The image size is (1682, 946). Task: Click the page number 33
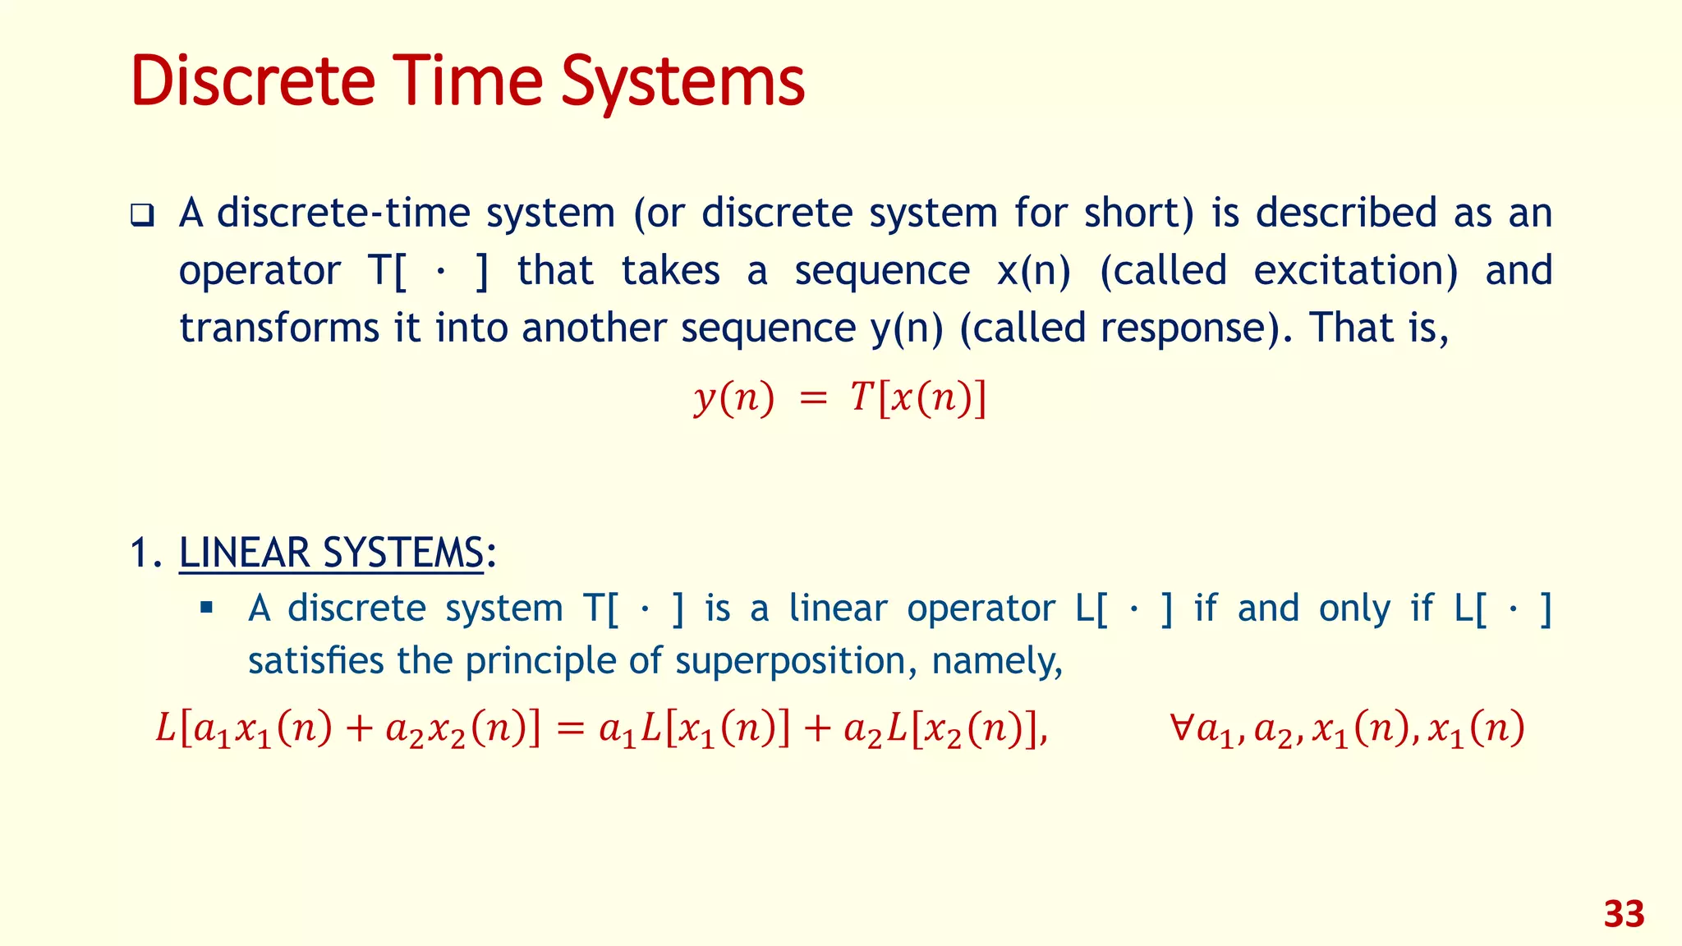tap(1624, 914)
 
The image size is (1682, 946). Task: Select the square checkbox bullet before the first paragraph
tap(143, 216)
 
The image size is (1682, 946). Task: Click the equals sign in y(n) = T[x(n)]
tap(812, 399)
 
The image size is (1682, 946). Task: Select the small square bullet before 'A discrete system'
tap(206, 608)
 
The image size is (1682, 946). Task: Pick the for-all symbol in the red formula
tap(1182, 728)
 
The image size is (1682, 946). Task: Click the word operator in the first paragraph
tap(260, 271)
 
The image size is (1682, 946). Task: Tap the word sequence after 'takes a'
tap(882, 271)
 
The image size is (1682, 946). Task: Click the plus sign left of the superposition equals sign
tap(359, 729)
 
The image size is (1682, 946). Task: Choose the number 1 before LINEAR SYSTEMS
tap(140, 553)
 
